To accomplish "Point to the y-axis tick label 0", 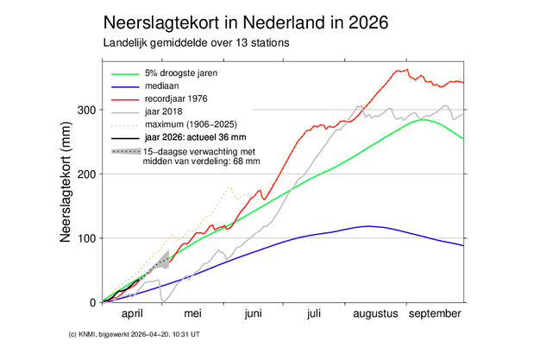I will pos(92,302).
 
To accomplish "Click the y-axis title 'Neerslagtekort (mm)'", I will pos(65,186).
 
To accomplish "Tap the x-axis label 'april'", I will pos(132,315).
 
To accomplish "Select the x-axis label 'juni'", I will pos(253,315).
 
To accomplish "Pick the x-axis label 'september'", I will pos(434,315).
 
